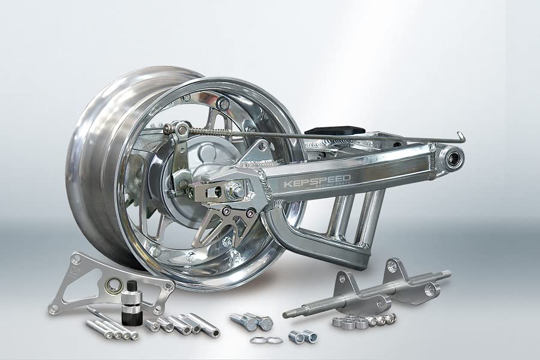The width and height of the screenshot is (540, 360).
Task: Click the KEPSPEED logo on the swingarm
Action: (317, 181)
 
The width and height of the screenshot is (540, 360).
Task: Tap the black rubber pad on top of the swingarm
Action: (335, 131)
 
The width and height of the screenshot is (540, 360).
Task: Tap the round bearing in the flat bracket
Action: (112, 284)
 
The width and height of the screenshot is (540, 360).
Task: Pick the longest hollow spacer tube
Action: (203, 325)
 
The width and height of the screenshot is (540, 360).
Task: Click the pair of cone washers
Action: (266, 340)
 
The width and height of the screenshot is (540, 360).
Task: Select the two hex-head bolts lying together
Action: (252, 322)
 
